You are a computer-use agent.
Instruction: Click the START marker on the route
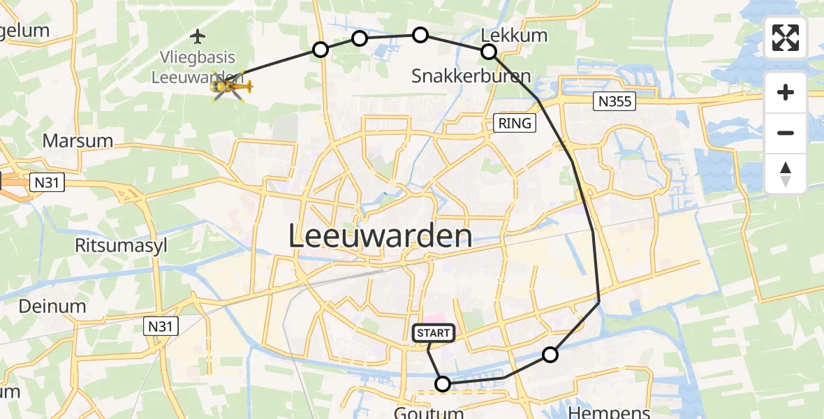coord(434,333)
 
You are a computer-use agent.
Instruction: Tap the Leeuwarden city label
coord(379,237)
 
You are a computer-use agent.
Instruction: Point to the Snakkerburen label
coord(471,75)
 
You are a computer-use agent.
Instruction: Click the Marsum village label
coord(78,140)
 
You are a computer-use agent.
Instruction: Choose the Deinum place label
coord(52,306)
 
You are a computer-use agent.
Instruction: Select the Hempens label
coord(609,412)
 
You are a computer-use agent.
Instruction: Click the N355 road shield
coord(615,102)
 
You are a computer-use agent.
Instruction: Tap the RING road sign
coord(515,124)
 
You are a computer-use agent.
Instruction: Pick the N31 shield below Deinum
coord(162,325)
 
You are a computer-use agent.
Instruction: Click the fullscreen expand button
coord(786,38)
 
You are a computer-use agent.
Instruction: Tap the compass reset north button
coord(786,173)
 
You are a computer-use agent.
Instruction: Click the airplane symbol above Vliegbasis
coord(198,35)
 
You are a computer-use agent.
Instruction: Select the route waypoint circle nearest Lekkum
coord(488,51)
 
